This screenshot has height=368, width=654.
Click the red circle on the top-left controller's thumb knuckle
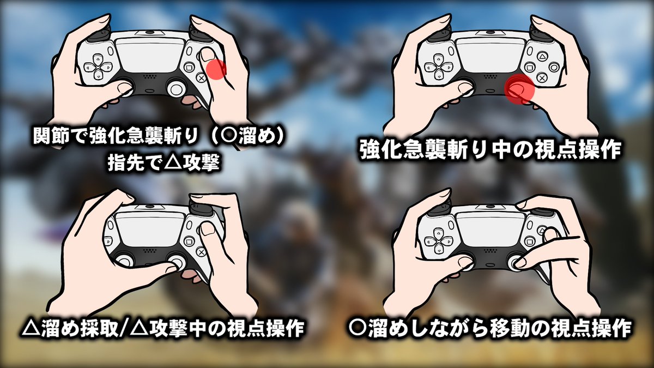click(x=216, y=69)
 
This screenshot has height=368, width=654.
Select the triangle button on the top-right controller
click(x=542, y=56)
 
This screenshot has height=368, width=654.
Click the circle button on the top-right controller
click(x=554, y=67)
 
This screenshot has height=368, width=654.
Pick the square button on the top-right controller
click(x=529, y=67)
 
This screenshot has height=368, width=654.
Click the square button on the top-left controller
click(x=189, y=68)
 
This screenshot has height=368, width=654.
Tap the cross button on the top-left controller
click(x=201, y=78)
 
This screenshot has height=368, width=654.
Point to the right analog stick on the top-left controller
click(x=176, y=88)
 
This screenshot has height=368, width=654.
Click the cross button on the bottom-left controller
click(x=201, y=251)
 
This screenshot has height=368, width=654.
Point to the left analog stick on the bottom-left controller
click(x=125, y=261)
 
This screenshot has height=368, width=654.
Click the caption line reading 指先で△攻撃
click(x=163, y=163)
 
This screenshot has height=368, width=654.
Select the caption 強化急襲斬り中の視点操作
click(x=490, y=150)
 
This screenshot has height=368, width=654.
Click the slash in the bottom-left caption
click(x=124, y=329)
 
